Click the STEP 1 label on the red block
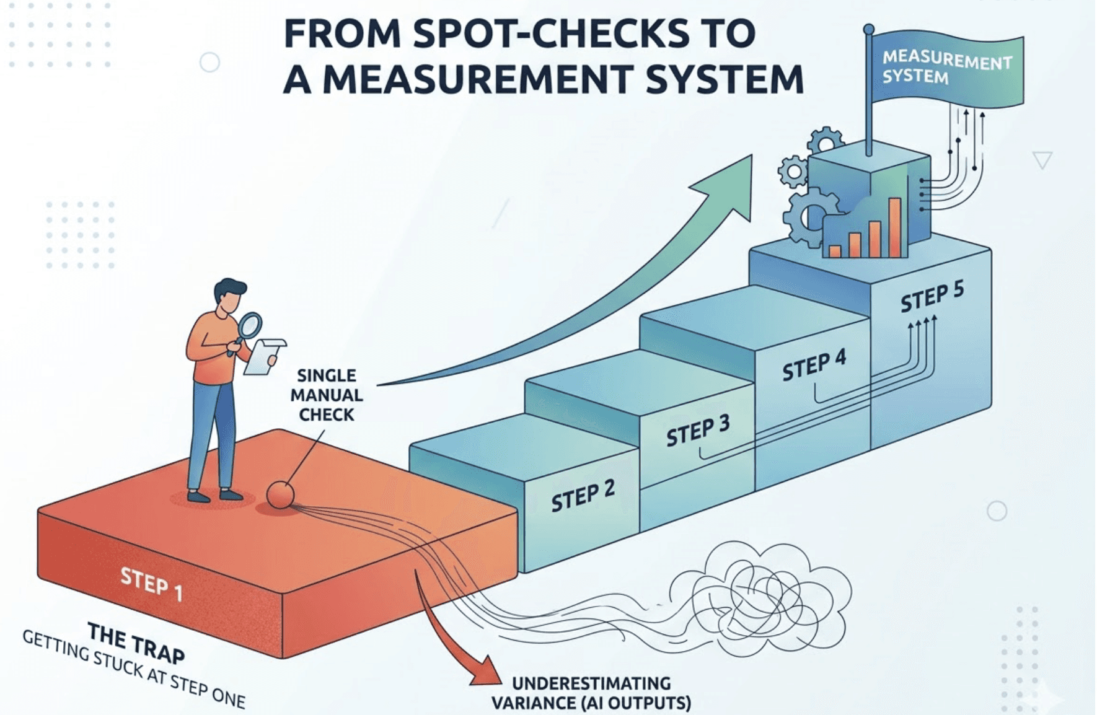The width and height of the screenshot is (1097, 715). pos(152,584)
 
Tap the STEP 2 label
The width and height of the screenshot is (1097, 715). pos(583,496)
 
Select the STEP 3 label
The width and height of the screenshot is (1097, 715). pos(698,431)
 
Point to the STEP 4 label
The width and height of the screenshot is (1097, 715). pos(814,366)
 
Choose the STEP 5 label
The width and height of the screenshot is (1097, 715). pos(932,297)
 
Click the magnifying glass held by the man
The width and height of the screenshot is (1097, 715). pos(250,325)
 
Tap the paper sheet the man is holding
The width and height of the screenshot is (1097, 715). pos(263,357)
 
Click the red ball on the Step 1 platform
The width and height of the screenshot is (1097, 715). pos(280,495)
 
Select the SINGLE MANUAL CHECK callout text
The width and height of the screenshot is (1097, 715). pos(327,395)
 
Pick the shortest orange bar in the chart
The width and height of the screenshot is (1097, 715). pos(835,251)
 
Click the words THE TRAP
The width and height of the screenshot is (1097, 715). pos(136,643)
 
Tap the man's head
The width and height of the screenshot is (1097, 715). pos(230,296)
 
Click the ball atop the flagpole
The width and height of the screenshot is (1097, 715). pos(869,29)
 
